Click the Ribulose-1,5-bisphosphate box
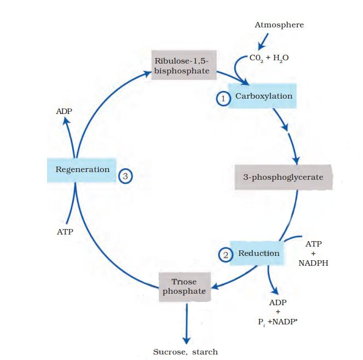coord(183,66)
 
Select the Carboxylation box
coord(263,96)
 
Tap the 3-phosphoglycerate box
coord(283,177)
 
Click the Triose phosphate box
coord(184,286)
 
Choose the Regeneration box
coord(82,169)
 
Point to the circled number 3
coord(126,176)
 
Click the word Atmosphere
coord(279,25)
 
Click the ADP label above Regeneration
coord(64,111)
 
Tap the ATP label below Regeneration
coord(65,232)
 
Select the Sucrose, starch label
coord(186,351)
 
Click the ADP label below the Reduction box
coord(278,302)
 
